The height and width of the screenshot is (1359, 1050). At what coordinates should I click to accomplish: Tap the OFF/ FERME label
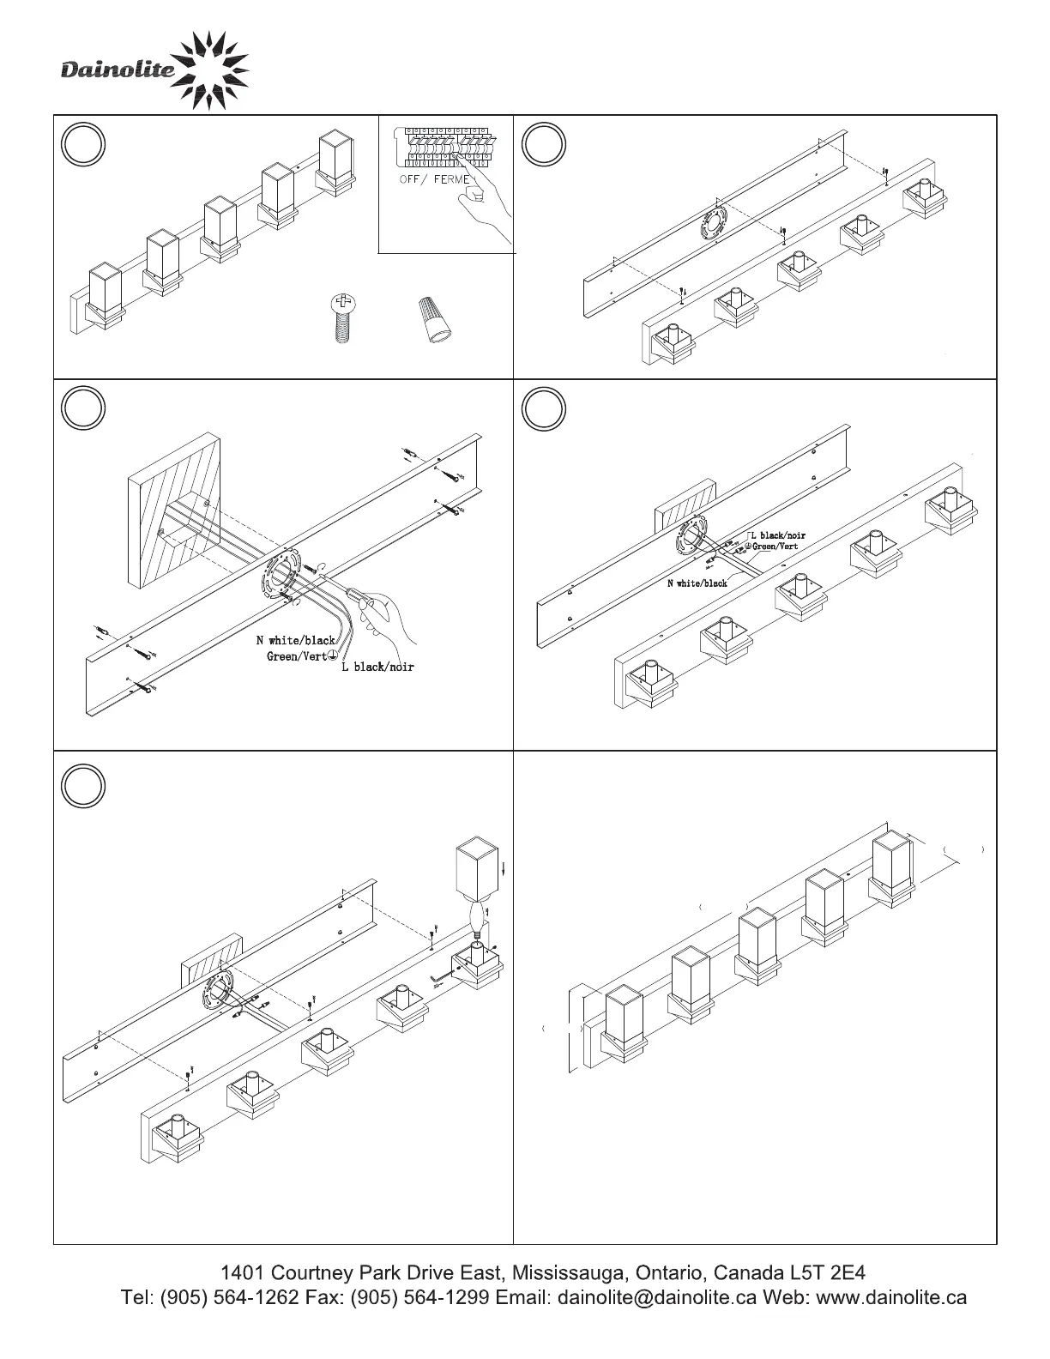[x=435, y=179]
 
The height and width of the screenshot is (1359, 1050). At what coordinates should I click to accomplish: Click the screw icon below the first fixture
[x=342, y=318]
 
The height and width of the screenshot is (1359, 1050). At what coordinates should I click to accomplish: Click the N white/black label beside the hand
[x=296, y=640]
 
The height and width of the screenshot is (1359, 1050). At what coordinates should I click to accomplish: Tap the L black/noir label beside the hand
[x=377, y=667]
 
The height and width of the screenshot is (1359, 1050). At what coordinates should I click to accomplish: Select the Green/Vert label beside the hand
[x=297, y=657]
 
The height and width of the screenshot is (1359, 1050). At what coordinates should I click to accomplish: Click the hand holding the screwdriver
[x=390, y=618]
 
